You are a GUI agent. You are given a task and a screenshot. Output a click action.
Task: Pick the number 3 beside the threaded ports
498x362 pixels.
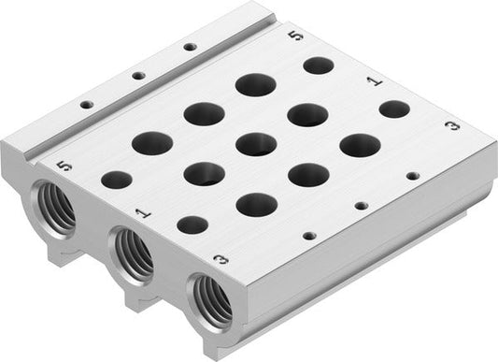(221, 260)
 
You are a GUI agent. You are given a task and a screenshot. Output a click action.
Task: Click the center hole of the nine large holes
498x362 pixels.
(255, 144)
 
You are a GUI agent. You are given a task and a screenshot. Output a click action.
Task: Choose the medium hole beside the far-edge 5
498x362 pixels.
(318, 65)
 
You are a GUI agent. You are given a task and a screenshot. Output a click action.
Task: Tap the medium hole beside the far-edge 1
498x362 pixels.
(394, 109)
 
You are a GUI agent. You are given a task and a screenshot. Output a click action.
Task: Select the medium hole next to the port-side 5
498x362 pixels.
(117, 180)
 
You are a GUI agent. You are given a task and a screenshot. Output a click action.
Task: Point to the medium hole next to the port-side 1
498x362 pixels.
(192, 224)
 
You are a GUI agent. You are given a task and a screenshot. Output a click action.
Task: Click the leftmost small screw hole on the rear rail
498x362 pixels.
(87, 105)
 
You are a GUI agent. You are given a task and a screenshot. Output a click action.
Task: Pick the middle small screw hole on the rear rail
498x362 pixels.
(138, 75)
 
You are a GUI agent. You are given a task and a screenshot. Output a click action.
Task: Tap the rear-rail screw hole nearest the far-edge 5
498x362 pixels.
(190, 46)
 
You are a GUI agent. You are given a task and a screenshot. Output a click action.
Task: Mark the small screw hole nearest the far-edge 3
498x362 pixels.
(412, 174)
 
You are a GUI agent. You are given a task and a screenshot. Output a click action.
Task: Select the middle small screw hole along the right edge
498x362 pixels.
(362, 205)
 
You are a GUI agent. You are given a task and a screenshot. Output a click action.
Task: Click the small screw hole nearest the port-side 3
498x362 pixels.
(311, 235)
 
